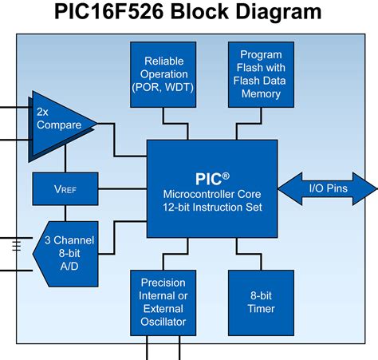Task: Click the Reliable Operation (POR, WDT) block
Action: [163, 74]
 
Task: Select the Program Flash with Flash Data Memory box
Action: [261, 74]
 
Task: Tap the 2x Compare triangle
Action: [61, 126]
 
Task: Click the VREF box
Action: [65, 189]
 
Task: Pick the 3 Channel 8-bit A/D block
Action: [66, 254]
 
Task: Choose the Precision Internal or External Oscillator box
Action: [163, 303]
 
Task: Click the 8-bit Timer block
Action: [261, 303]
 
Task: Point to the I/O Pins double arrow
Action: [328, 188]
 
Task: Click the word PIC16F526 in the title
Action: [108, 11]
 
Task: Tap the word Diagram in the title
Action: [278, 12]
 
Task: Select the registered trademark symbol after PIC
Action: [226, 176]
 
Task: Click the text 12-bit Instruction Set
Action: [212, 207]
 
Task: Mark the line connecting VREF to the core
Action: [123, 188]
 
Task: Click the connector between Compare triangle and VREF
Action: [65, 159]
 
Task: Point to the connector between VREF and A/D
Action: [65, 213]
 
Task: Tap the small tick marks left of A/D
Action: [17, 246]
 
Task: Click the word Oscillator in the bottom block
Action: [163, 322]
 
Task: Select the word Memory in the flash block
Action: [261, 94]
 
